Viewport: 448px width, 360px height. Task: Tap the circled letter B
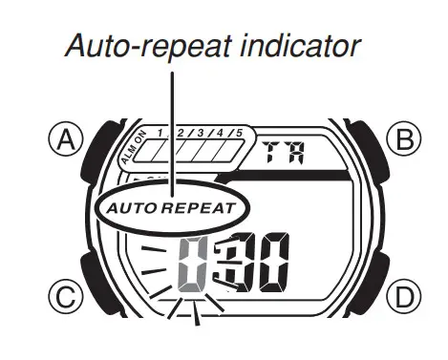coord(406,140)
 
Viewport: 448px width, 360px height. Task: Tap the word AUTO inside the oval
coord(131,206)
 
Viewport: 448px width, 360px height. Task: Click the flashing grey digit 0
coord(193,266)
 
